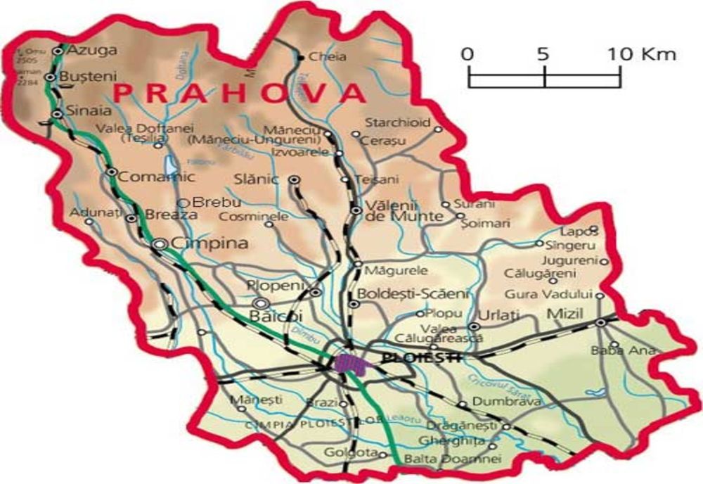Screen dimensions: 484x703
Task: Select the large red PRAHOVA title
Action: (240, 93)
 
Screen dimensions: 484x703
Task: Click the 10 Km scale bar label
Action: (642, 54)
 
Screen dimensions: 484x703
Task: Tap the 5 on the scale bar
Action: (543, 54)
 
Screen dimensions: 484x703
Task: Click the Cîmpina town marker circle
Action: (160, 244)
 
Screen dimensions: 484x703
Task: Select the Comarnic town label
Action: (147, 177)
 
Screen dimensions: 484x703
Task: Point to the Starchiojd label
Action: (396, 122)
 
